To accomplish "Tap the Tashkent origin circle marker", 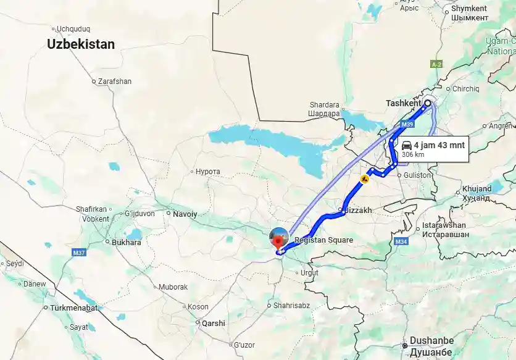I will coord(427,103).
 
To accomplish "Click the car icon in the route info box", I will coord(407,145).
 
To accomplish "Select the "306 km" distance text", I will coord(413,155).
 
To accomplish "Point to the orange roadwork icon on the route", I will coord(365,179).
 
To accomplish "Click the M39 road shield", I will coord(407,125).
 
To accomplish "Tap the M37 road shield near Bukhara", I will coord(78,253).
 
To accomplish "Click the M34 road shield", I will coord(401,241).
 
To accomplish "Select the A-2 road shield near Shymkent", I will coord(437,64).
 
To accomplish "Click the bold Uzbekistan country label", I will coord(81,44).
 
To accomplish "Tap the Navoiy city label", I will coord(185,214).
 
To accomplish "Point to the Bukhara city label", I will coord(126,243).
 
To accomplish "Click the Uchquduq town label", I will coord(73,28).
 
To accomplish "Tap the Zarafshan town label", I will coord(115,81).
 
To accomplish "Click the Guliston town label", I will coord(418,175).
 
